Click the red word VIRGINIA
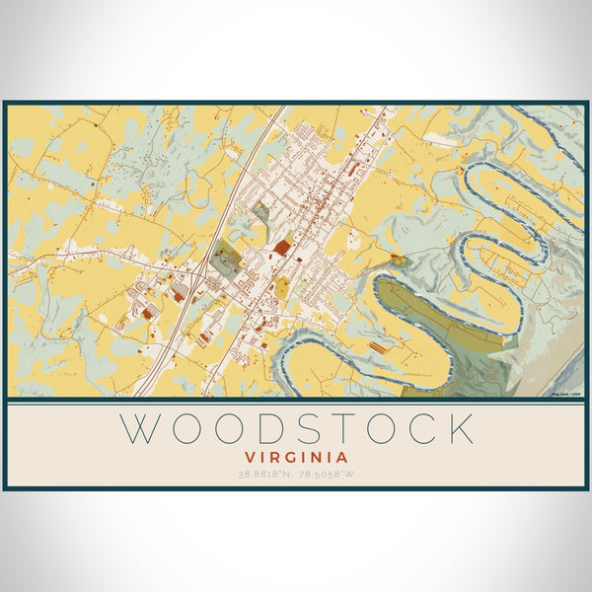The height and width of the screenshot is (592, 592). tap(296, 458)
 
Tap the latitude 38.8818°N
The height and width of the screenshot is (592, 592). tap(267, 475)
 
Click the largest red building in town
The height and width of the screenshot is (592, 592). tap(283, 247)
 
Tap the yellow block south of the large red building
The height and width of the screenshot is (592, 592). tap(282, 287)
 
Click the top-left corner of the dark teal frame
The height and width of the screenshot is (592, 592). tap(5, 103)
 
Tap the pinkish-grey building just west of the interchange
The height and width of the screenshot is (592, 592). tap(180, 292)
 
